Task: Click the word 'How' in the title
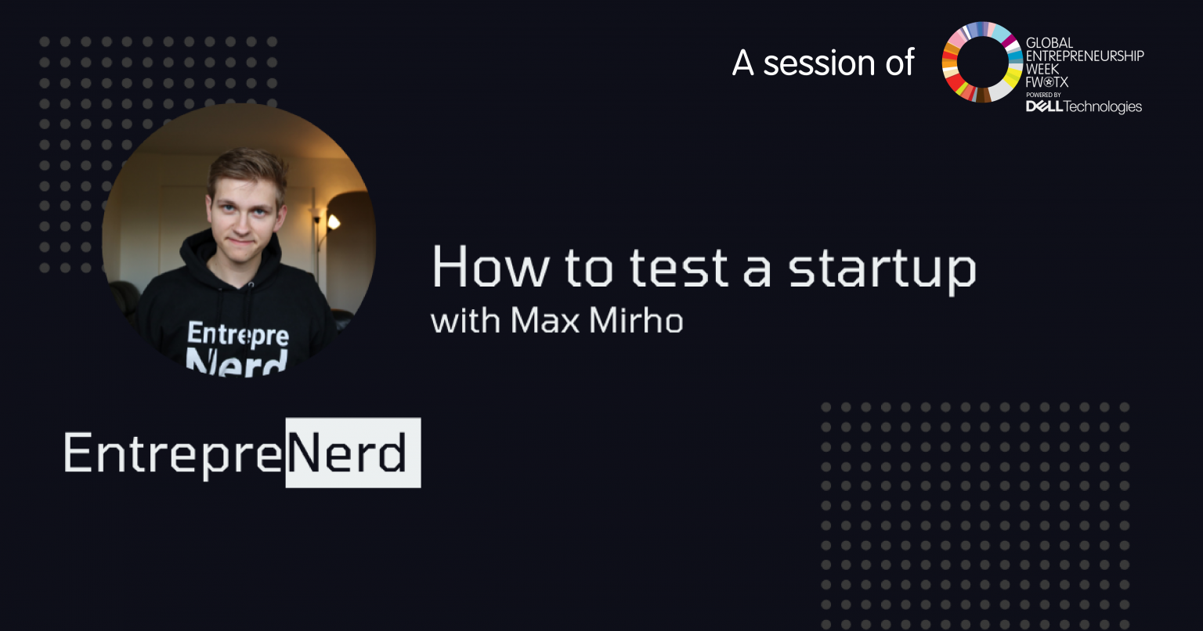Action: point(490,267)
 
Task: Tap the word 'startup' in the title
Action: point(882,271)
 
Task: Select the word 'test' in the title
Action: point(679,268)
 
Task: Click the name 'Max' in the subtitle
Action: point(544,321)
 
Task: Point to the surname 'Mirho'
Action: point(636,320)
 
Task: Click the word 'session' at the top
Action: point(819,64)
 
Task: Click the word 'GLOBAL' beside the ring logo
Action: point(1049,43)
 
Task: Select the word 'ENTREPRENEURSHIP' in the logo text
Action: point(1084,56)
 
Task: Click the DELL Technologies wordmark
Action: point(1083,107)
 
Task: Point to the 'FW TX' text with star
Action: point(1046,82)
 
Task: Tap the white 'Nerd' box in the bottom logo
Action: point(353,453)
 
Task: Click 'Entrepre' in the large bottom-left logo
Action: point(173,454)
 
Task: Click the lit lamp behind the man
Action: point(333,222)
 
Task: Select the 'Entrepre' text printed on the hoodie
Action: point(238,334)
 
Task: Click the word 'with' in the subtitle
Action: point(466,320)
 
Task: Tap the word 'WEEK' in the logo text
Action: point(1042,69)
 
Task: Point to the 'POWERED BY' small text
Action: point(1043,95)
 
